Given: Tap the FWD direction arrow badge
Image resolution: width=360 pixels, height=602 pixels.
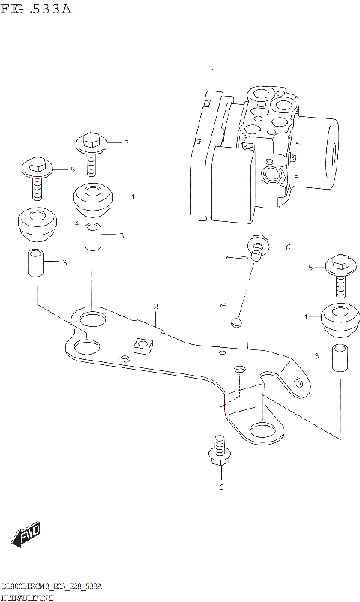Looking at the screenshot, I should (26, 535).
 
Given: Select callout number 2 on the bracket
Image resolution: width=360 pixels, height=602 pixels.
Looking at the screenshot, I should (155, 307).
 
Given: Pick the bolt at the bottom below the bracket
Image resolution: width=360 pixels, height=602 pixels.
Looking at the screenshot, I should (219, 455).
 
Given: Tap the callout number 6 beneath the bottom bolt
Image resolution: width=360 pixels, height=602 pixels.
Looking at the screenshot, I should (220, 488).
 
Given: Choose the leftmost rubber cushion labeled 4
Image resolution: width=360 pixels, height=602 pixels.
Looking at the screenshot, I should (36, 223).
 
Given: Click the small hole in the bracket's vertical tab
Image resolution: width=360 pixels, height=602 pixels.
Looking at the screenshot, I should (236, 323).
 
